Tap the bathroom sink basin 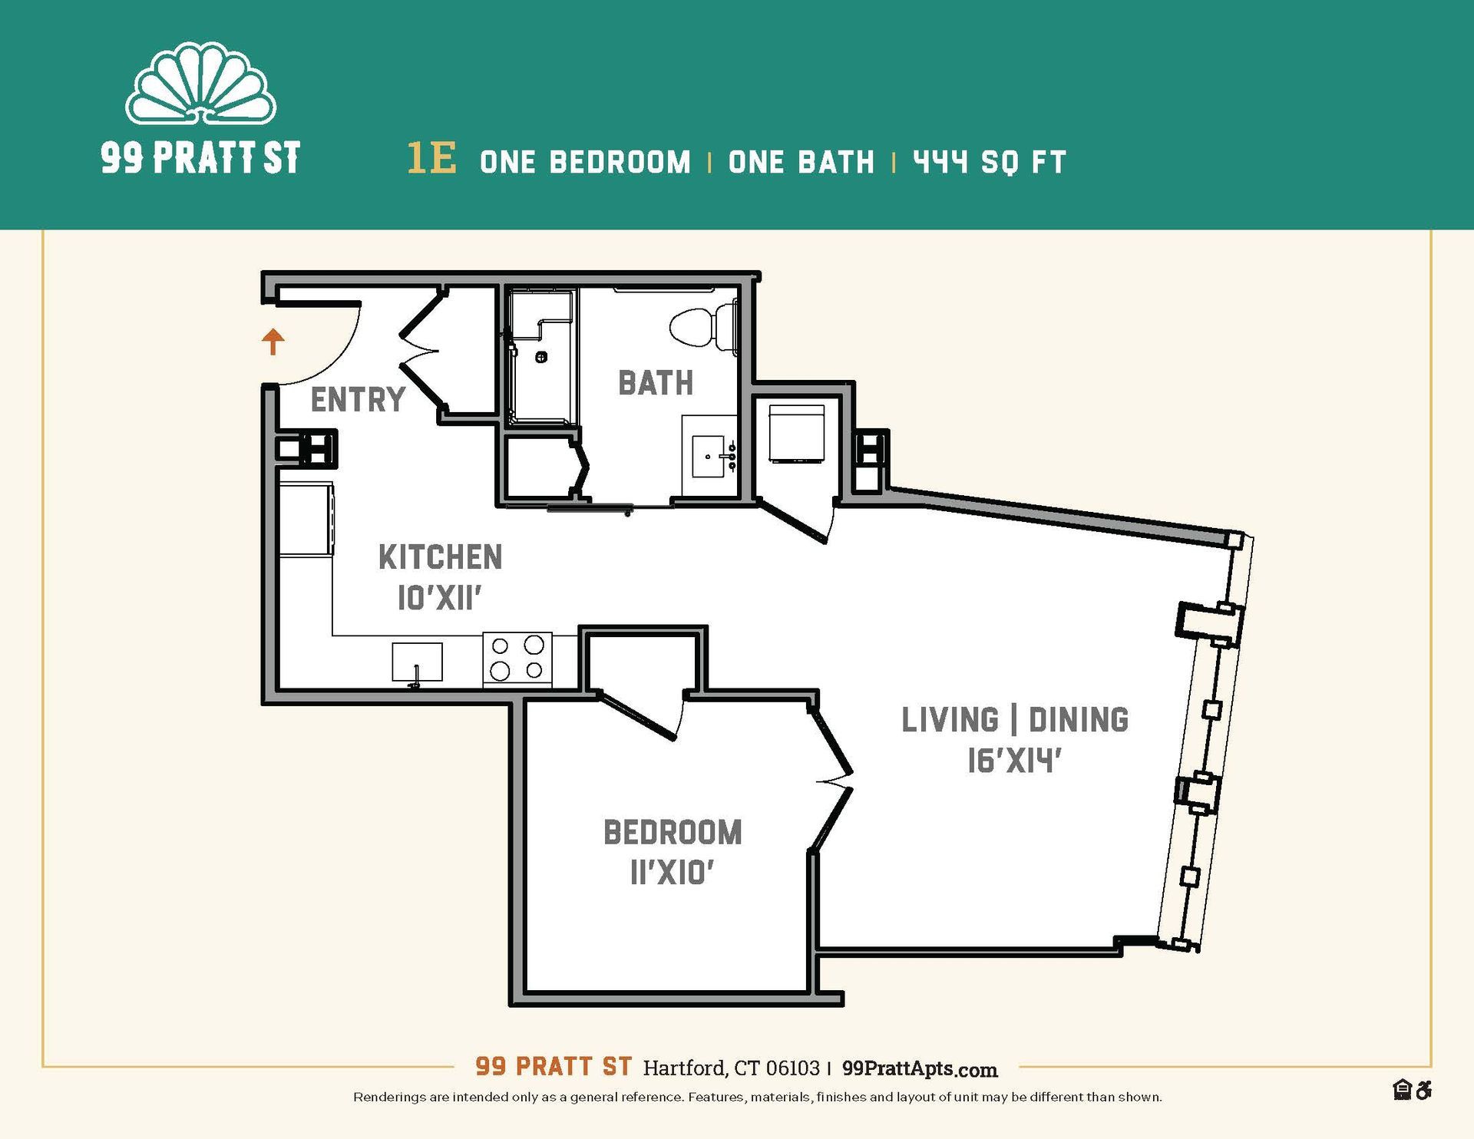point(709,457)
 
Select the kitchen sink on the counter point(417,662)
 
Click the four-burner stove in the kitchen point(517,659)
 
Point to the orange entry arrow point(273,341)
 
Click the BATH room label point(656,383)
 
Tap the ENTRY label point(358,400)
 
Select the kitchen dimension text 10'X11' point(439,598)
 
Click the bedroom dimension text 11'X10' point(673,873)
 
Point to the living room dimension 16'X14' point(1014,761)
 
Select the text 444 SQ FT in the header point(989,162)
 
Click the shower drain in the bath point(541,356)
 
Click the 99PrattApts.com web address point(920,1068)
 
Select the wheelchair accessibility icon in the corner point(1424,1089)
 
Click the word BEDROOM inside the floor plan point(673,833)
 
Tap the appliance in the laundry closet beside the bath point(797,434)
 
